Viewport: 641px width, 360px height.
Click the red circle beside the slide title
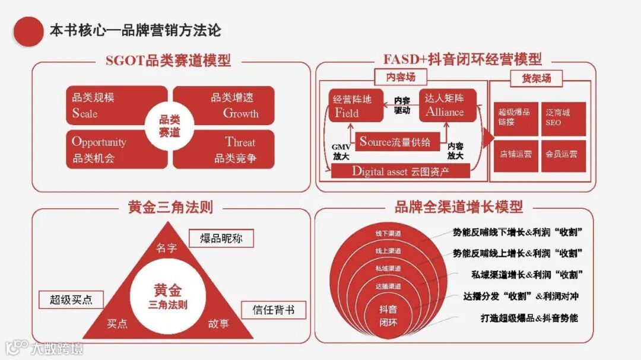coord(28,30)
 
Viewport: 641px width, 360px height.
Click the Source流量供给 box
coord(395,142)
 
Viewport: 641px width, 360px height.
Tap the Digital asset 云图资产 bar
coord(401,171)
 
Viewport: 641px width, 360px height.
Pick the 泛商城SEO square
coord(563,117)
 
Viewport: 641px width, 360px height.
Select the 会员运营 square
coord(563,155)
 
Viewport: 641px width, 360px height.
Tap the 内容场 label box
coord(401,77)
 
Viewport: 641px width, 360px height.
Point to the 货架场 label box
coord(537,78)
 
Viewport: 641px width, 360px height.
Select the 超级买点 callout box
coord(71,300)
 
